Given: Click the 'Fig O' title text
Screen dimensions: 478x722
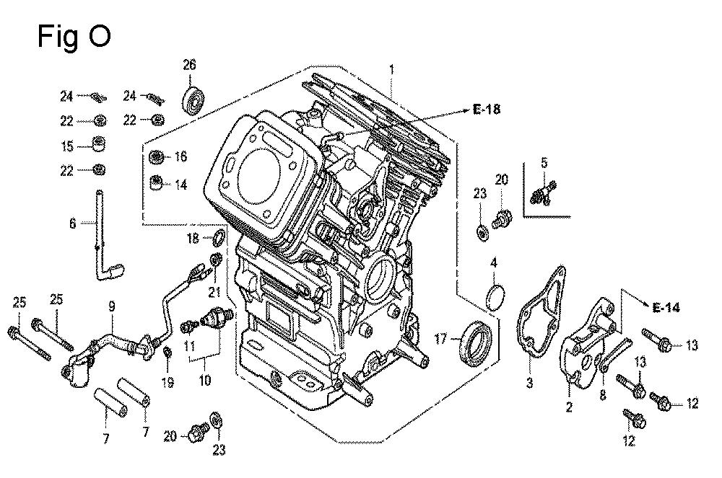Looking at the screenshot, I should click(74, 36).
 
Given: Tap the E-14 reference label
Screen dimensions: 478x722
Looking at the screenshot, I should click(666, 308).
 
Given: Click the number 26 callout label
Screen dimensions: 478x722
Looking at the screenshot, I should click(189, 65).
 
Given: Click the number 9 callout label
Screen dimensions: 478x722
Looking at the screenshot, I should click(112, 306).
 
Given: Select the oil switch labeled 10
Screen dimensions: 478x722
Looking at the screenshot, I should click(217, 315).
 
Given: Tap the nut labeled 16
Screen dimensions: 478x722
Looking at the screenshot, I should click(155, 157).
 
